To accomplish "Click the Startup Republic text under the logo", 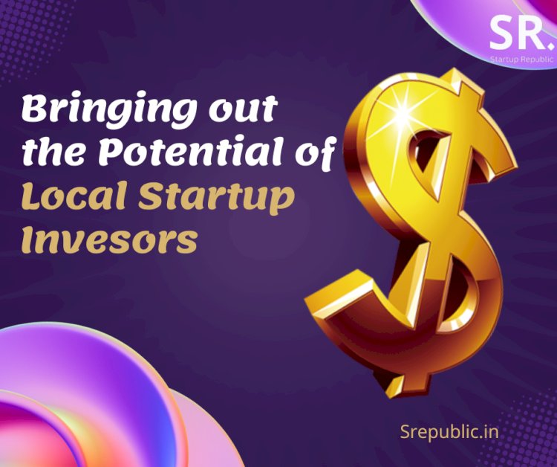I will point(518,57).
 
